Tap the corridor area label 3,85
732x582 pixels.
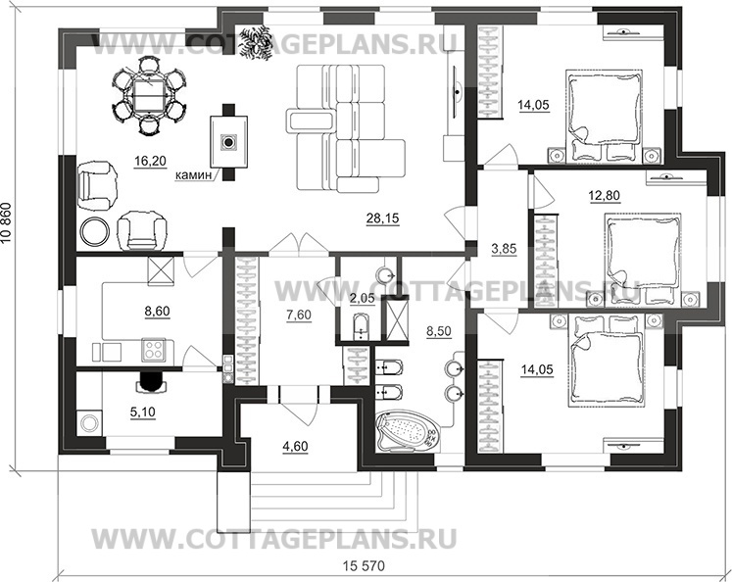(503, 248)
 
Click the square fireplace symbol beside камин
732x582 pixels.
(227, 143)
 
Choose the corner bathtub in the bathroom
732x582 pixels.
(408, 428)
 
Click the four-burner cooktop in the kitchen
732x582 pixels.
(154, 349)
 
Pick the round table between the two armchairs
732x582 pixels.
(95, 231)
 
